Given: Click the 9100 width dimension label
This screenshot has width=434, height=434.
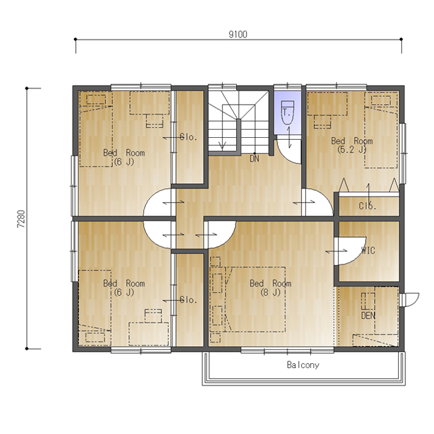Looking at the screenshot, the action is pyautogui.click(x=238, y=34).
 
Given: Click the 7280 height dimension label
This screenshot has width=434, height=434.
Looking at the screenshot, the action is pyautogui.click(x=21, y=219).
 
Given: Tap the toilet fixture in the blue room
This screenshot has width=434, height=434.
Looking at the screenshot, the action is pyautogui.click(x=287, y=113).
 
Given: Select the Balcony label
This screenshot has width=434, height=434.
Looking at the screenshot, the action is pyautogui.click(x=303, y=365).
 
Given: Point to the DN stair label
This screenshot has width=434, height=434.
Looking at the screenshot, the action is pyautogui.click(x=255, y=158).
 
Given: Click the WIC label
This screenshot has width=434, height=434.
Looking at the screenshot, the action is pyautogui.click(x=368, y=250).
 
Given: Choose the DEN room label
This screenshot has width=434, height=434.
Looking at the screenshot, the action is pyautogui.click(x=368, y=315).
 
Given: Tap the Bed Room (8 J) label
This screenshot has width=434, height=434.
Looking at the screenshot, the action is pyautogui.click(x=270, y=288).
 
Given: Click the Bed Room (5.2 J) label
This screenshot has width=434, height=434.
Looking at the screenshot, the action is pyautogui.click(x=352, y=145).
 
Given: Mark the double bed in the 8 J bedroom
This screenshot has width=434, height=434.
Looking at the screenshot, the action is pyautogui.click(x=255, y=299).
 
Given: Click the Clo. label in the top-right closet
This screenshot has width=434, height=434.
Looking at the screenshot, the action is pyautogui.click(x=368, y=206).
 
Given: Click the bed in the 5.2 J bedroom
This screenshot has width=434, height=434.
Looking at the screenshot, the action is pyautogui.click(x=382, y=130).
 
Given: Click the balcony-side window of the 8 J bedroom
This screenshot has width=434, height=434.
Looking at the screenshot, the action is pyautogui.click(x=287, y=351).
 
